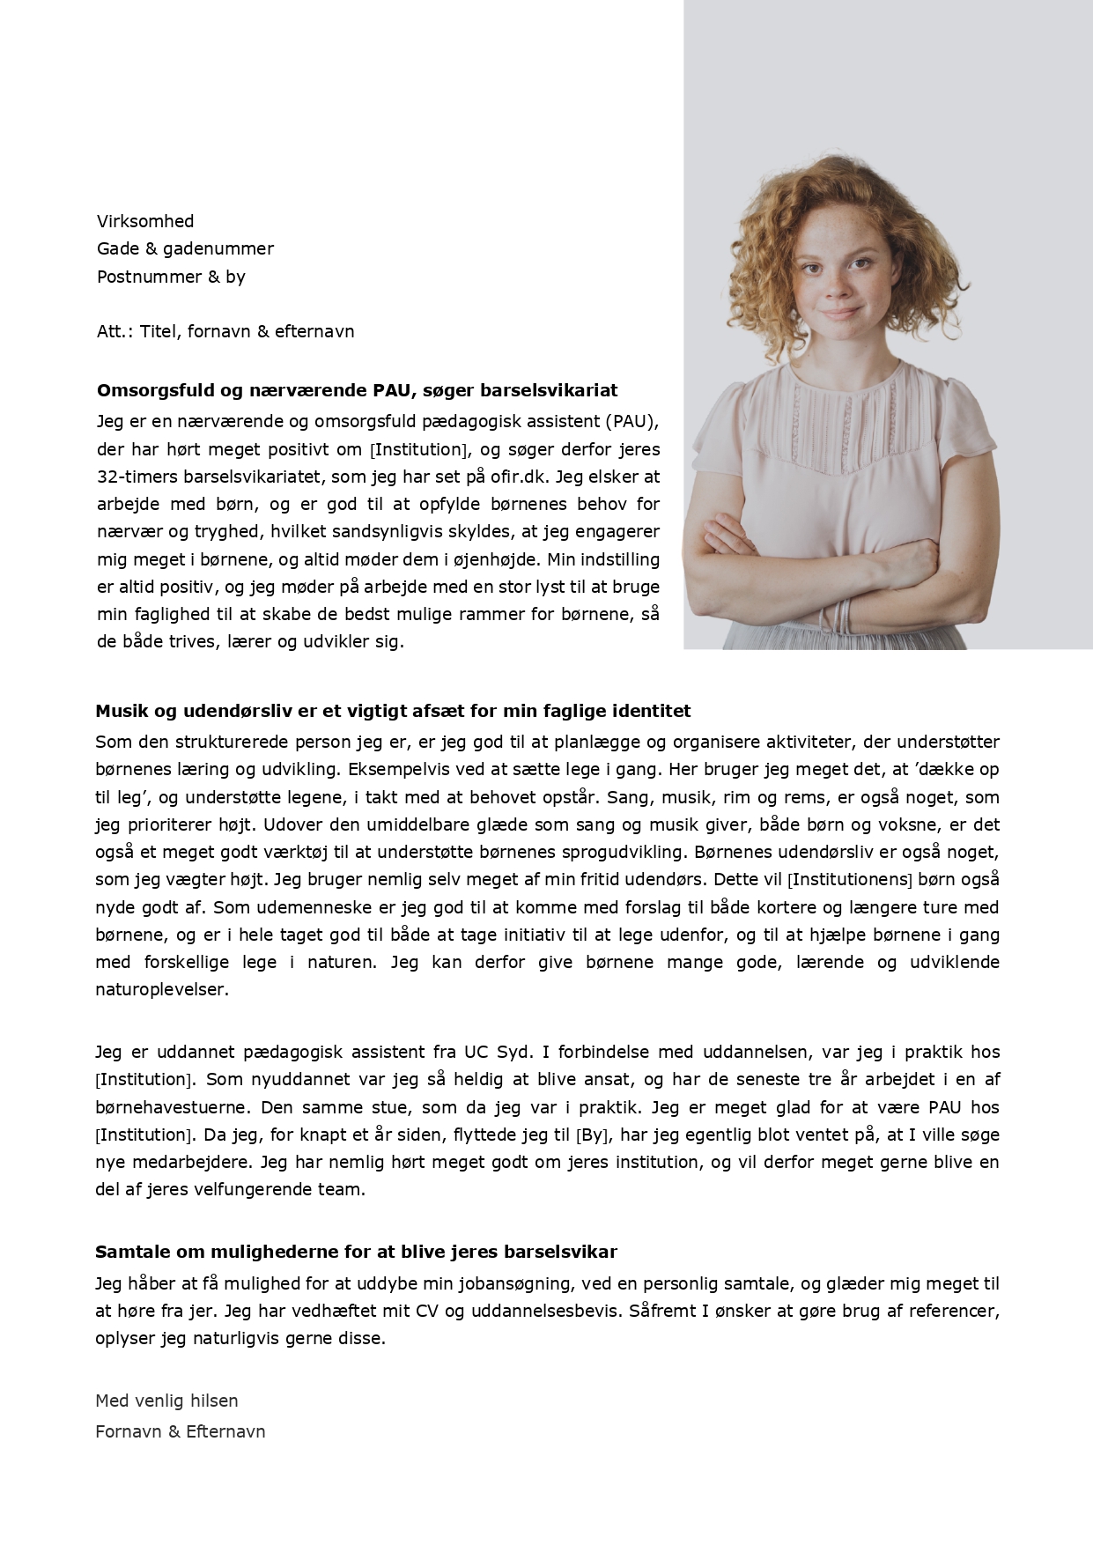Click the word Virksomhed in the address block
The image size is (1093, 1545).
point(145,221)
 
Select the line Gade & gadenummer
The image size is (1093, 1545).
point(185,248)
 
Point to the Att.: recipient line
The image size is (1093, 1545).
point(225,332)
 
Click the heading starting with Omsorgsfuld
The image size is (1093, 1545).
point(357,390)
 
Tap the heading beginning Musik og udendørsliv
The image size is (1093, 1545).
point(393,711)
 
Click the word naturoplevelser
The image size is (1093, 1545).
point(162,989)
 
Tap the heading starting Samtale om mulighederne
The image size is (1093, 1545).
point(356,1252)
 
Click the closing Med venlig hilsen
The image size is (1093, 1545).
point(166,1401)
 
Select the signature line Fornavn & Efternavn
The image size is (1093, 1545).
point(180,1431)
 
